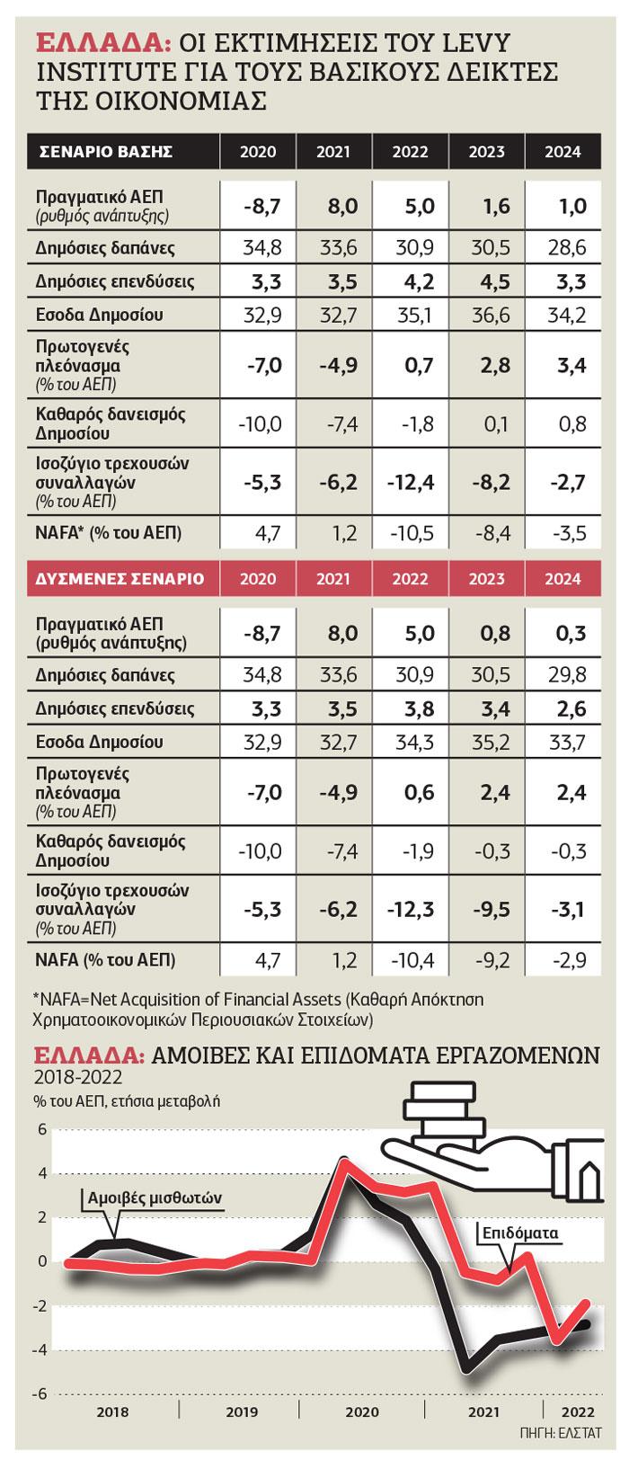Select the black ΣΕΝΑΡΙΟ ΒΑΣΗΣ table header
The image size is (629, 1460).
(x=105, y=151)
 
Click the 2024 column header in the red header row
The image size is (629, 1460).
(x=563, y=578)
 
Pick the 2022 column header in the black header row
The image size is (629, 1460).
(x=410, y=151)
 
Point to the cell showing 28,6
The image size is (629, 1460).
(x=565, y=247)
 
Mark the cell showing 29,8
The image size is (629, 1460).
(x=565, y=674)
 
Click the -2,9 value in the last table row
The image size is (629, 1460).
(x=565, y=960)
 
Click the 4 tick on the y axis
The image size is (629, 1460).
(x=41, y=1172)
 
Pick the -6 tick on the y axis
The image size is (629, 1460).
(x=40, y=1393)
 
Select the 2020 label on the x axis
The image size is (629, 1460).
(x=361, y=1411)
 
